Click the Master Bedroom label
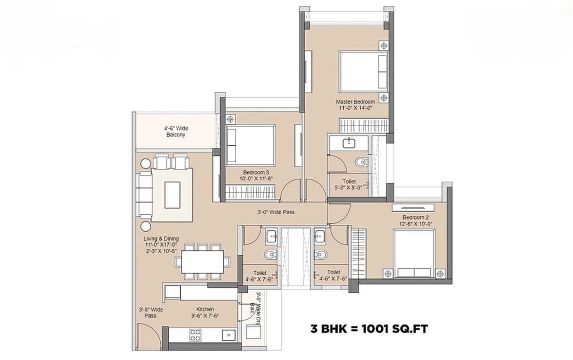click(x=355, y=101)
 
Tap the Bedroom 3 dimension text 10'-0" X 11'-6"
click(x=257, y=179)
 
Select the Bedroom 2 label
click(x=415, y=217)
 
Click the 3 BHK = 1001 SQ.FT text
click(x=369, y=329)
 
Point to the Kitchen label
click(x=205, y=309)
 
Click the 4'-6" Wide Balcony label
click(x=175, y=131)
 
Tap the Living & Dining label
click(x=161, y=239)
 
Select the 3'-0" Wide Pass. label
click(x=276, y=212)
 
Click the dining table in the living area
click(x=202, y=261)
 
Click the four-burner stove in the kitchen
click(x=195, y=335)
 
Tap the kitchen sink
click(x=229, y=335)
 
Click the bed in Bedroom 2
click(x=414, y=253)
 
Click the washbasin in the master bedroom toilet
click(x=350, y=143)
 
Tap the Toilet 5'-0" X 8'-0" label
click(x=350, y=183)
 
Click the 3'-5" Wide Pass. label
click(x=151, y=312)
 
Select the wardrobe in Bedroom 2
click(x=359, y=252)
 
